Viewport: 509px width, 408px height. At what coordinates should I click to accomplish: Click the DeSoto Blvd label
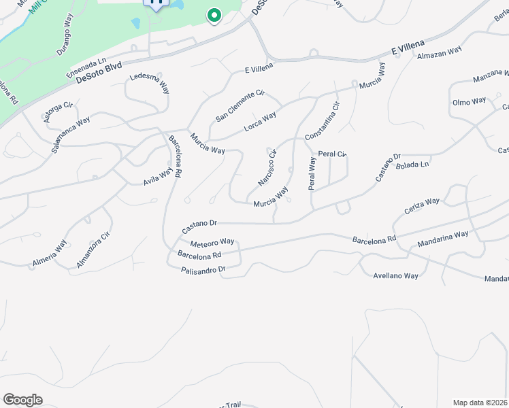[x=99, y=73]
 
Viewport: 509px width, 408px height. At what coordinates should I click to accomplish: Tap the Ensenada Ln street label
[x=86, y=67]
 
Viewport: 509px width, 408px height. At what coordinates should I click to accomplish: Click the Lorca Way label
[x=260, y=123]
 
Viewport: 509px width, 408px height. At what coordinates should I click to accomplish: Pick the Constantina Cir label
[x=322, y=121]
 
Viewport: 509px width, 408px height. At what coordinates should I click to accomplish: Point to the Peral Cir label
[x=333, y=154]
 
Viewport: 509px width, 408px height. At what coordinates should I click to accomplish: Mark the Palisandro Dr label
[x=203, y=270]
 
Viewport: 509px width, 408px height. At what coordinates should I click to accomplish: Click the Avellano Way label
[x=396, y=275]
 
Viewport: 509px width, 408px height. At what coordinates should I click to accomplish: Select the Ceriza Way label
[x=422, y=207]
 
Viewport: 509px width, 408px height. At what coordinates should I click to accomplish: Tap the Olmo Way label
[x=470, y=101]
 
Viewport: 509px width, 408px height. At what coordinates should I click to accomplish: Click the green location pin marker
[x=214, y=15]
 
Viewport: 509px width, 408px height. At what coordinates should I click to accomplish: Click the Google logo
[x=22, y=400]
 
